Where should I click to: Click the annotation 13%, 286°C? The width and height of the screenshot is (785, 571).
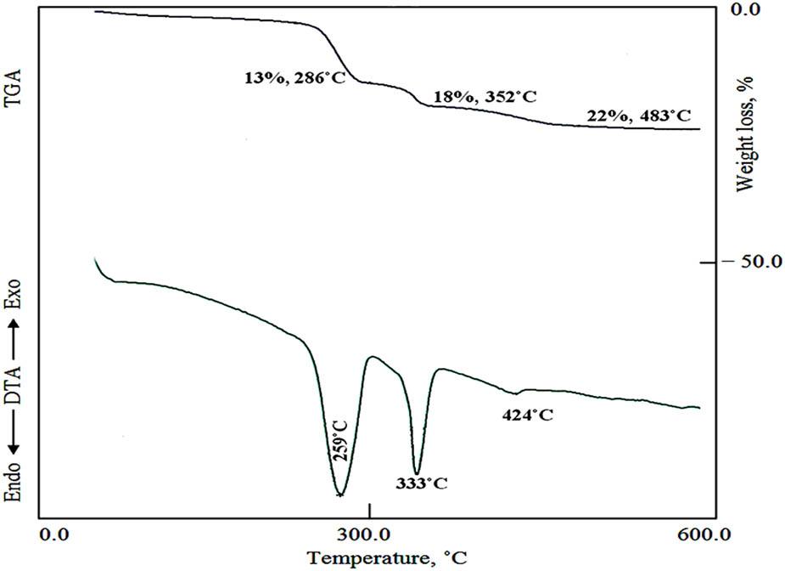click(290, 78)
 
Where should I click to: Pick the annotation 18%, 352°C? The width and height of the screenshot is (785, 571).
click(485, 97)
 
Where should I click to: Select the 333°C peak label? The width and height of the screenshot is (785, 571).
click(421, 483)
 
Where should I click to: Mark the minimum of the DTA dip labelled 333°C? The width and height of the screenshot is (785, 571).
click(417, 472)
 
